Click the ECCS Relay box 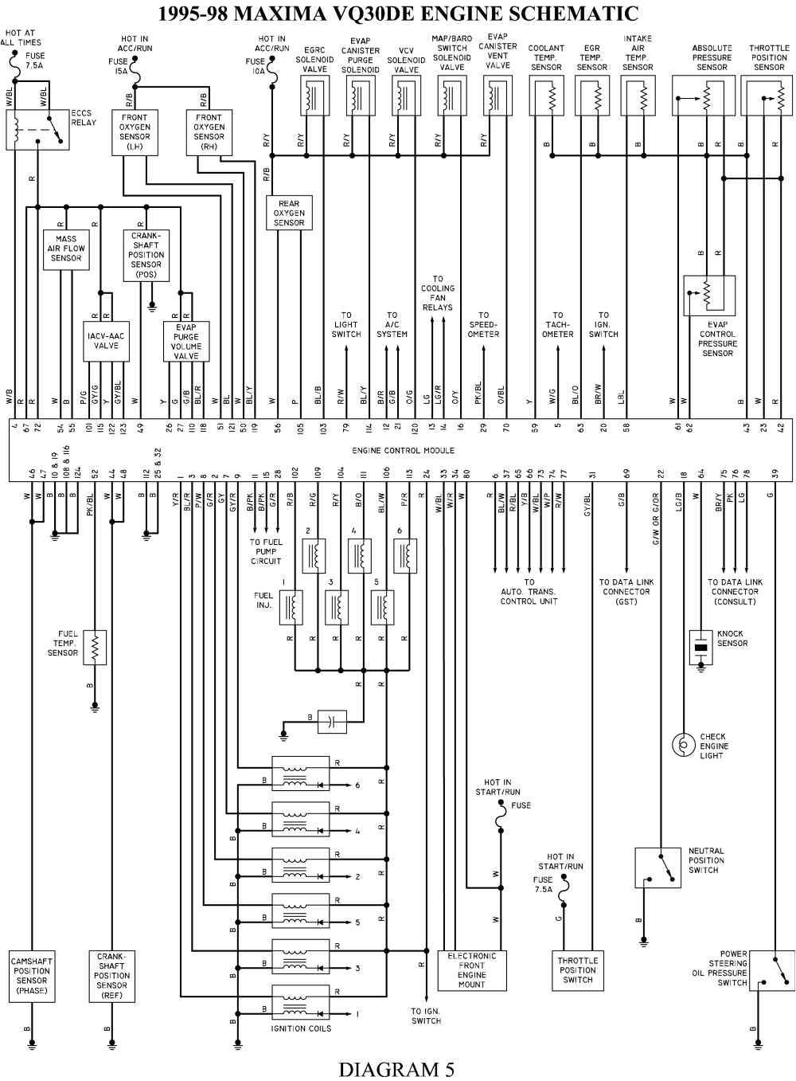[37, 129]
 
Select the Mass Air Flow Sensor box [66, 249]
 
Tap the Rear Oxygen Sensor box [289, 213]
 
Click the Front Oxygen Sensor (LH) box [135, 132]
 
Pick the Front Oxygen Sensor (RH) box [209, 132]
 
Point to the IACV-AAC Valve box [106, 341]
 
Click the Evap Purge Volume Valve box [186, 342]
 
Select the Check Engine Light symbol [683, 744]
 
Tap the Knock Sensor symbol [700, 648]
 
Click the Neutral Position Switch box [657, 868]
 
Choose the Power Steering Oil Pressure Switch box [772, 969]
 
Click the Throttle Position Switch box [577, 970]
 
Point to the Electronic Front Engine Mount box [471, 970]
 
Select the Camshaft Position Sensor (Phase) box [32, 976]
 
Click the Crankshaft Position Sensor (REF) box [111, 976]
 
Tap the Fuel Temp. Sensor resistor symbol [95, 648]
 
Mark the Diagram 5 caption [396, 1068]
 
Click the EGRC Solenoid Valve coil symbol [314, 99]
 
